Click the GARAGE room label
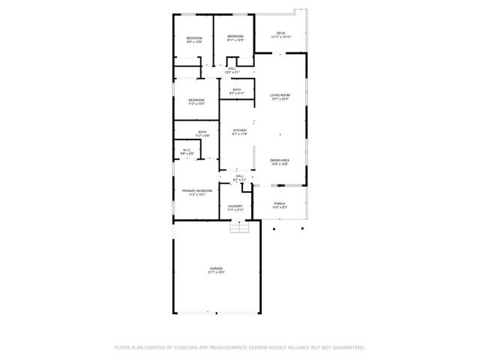(216, 268)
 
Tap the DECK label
(280, 33)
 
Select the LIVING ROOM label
(280, 95)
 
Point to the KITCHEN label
(239, 130)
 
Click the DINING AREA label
(280, 160)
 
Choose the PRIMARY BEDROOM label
(196, 191)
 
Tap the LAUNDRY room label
(235, 206)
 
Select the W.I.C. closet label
(187, 150)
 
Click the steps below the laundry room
(238, 227)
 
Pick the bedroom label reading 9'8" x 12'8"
(194, 37)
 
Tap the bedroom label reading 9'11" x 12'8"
(235, 37)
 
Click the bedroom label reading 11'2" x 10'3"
(196, 100)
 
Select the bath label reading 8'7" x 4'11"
(236, 90)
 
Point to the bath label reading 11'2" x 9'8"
(202, 132)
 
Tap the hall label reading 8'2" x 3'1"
(238, 175)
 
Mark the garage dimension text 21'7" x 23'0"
(216, 272)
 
